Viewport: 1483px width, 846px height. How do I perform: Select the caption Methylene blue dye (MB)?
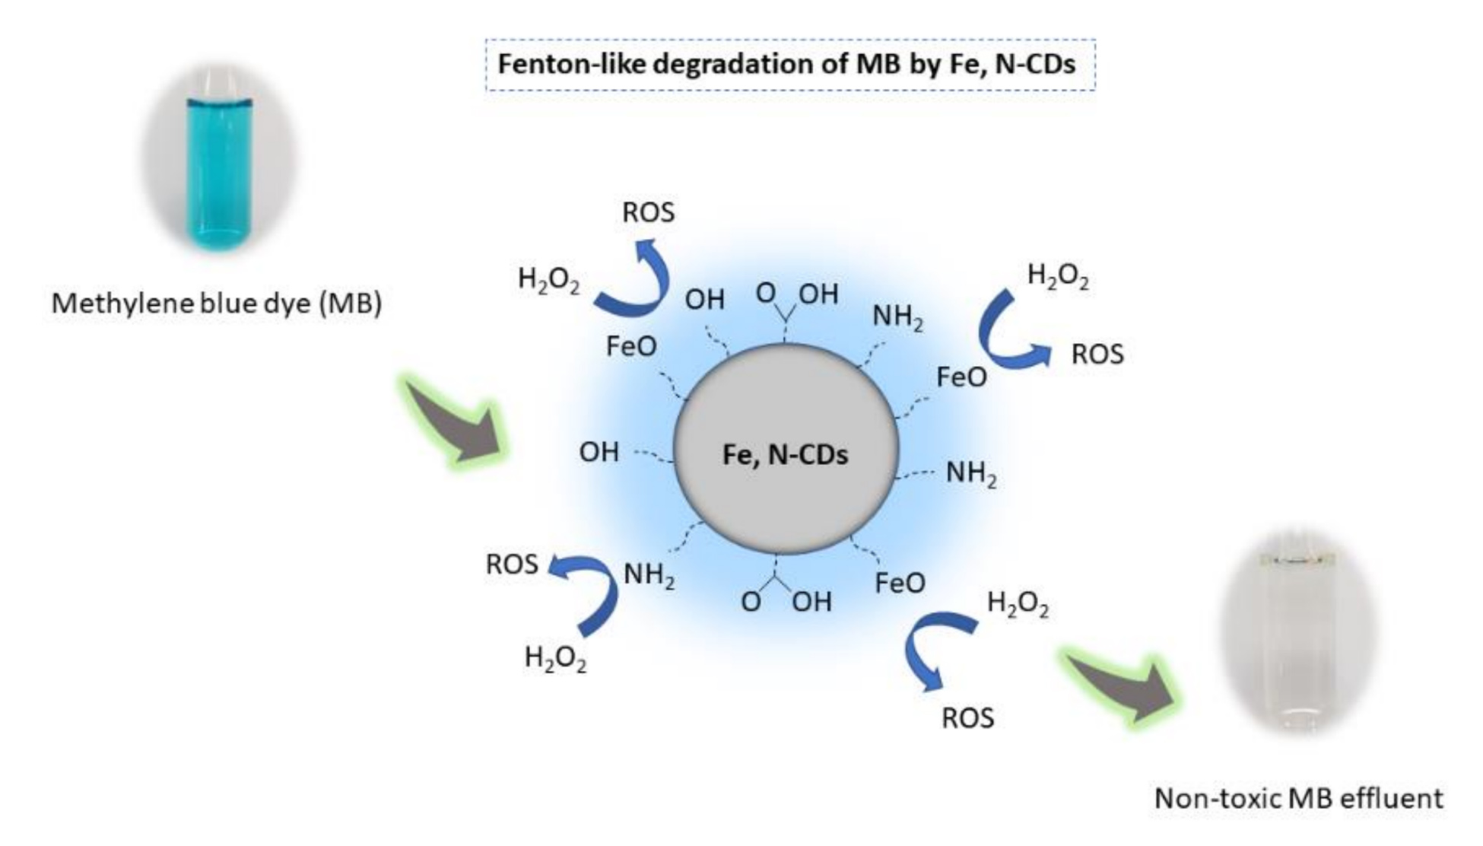[x=217, y=304]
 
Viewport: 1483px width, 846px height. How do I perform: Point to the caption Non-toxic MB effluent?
[x=1298, y=798]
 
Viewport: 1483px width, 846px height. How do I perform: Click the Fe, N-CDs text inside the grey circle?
[x=785, y=454]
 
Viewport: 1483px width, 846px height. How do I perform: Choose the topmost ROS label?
[x=648, y=212]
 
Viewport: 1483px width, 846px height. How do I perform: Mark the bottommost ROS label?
[x=967, y=717]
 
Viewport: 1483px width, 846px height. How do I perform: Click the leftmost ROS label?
[x=512, y=565]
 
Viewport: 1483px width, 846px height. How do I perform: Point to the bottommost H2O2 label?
[x=555, y=658]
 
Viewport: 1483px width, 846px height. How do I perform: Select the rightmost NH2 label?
[x=971, y=473]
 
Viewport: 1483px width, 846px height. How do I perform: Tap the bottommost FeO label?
[x=900, y=584]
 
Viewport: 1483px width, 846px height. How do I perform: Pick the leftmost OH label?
[x=599, y=452]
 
